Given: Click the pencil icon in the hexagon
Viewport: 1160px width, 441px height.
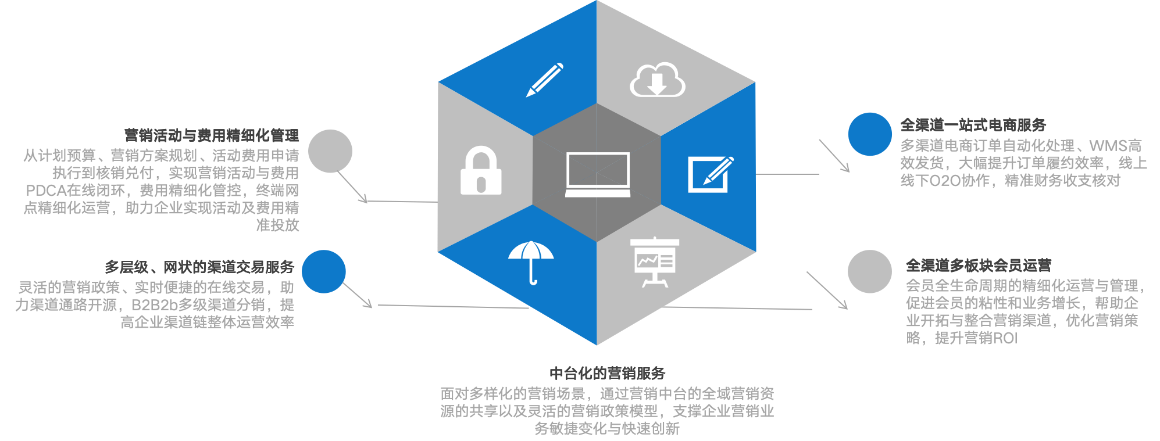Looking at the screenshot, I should tap(545, 80).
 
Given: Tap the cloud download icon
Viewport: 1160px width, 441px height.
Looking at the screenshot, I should tap(657, 80).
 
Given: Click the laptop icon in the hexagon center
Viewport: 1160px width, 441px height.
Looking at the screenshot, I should tap(598, 174).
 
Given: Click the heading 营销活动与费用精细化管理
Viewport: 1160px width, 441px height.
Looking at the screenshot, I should tap(212, 135).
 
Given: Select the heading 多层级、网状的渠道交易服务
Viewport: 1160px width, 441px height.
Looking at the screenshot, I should tap(199, 267).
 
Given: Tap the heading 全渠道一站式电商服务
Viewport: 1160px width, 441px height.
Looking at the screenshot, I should tap(973, 125).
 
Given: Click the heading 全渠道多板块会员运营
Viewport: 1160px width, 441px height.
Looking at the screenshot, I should tap(979, 266).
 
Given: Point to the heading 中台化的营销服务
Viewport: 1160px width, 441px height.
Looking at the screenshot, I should tap(607, 373).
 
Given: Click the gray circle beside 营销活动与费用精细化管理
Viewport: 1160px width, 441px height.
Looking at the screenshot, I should tap(330, 151).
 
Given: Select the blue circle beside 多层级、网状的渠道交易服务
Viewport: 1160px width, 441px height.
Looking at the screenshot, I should tap(324, 271).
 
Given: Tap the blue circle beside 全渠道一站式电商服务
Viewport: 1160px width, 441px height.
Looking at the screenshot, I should tap(870, 134).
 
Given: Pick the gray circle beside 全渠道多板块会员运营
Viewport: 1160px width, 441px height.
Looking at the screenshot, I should tap(869, 271).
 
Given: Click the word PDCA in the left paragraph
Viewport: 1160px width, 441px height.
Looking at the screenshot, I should tap(46, 191).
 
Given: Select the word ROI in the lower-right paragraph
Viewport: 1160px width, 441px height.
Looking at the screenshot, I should tap(1005, 338).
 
